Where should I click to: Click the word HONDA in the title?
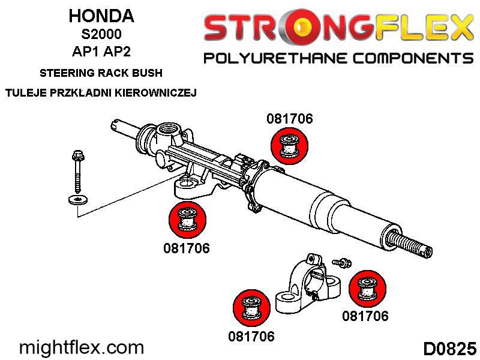pyautogui.click(x=101, y=16)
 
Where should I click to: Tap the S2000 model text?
pyautogui.click(x=101, y=34)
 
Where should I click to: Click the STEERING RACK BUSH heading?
pyautogui.click(x=101, y=73)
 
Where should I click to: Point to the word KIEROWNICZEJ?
pyautogui.click(x=155, y=92)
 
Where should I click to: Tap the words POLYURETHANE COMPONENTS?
pyautogui.click(x=338, y=58)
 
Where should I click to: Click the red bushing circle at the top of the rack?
pyautogui.click(x=290, y=145)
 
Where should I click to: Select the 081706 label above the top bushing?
pyautogui.click(x=290, y=119)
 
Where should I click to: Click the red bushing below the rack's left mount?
pyautogui.click(x=187, y=219)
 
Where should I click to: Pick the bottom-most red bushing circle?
pyautogui.click(x=251, y=308)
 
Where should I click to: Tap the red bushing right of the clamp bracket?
pyautogui.click(x=367, y=289)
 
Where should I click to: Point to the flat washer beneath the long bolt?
pyautogui.click(x=78, y=200)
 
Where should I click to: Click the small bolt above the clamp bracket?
pyautogui.click(x=342, y=262)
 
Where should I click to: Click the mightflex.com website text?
pyautogui.click(x=82, y=348)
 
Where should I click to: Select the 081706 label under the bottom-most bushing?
pyautogui.click(x=251, y=337)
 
